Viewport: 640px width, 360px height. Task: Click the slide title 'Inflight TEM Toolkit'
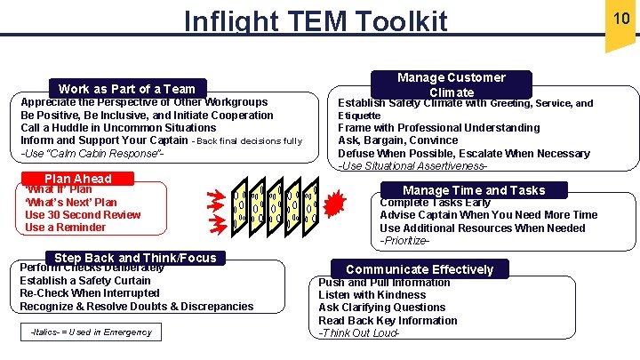pos(316,20)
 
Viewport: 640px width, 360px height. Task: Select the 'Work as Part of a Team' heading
pos(126,88)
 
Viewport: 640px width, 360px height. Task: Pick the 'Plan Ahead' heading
pos(78,178)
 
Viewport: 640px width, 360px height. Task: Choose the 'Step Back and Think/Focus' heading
pos(134,258)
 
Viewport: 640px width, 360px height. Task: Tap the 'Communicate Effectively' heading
pos(420,269)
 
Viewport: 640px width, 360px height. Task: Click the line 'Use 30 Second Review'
pos(83,215)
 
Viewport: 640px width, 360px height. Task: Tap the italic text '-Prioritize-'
pos(406,241)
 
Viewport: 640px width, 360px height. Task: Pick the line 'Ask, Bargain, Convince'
pos(398,140)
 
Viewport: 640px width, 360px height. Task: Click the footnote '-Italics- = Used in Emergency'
pos(91,332)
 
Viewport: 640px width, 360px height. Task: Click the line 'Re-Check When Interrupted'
pos(90,293)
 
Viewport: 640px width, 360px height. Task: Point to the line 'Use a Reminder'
pos(65,228)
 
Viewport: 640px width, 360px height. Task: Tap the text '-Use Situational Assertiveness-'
pos(412,166)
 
